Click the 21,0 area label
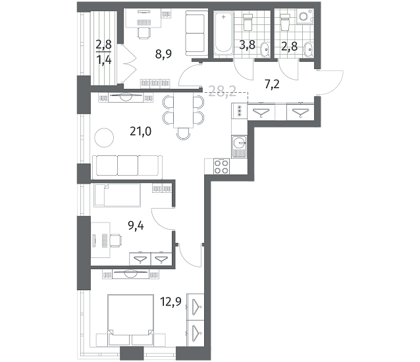(141, 132)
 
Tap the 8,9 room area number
(163, 54)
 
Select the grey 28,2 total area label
(223, 91)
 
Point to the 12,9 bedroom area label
(171, 301)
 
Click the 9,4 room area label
(136, 226)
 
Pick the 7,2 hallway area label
(272, 85)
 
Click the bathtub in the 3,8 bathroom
(223, 33)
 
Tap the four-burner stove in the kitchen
(221, 167)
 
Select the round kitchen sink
(240, 142)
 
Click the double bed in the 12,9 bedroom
(131, 320)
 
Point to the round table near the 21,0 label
(104, 138)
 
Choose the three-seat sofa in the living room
(127, 167)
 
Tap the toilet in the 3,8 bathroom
(248, 22)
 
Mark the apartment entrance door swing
(330, 82)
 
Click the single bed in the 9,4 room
(117, 195)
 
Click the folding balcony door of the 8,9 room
(129, 65)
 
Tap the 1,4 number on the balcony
(104, 61)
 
